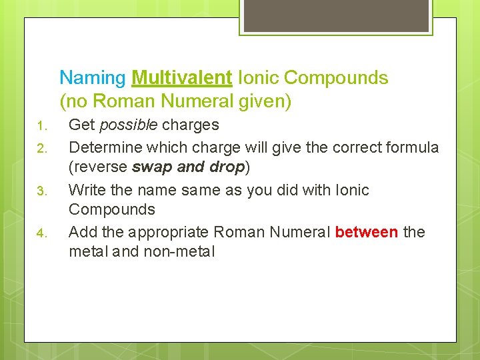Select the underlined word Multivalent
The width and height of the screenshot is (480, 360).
coord(182,78)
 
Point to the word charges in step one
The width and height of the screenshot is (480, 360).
coord(190,125)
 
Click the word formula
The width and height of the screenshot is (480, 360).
coord(413,147)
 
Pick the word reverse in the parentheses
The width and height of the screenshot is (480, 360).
coord(99,166)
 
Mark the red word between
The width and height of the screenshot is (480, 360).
coord(367,232)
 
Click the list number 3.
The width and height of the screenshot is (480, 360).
coord(40,192)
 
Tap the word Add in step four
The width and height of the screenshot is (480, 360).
coord(83,232)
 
